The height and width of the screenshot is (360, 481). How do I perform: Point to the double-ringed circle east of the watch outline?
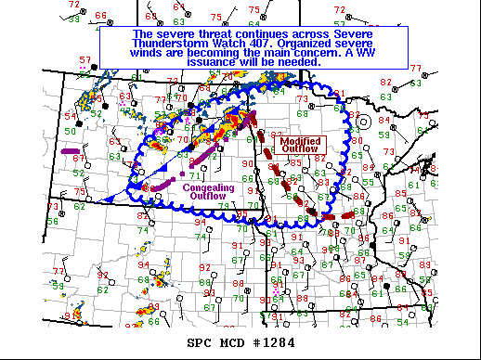coord(365,122)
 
